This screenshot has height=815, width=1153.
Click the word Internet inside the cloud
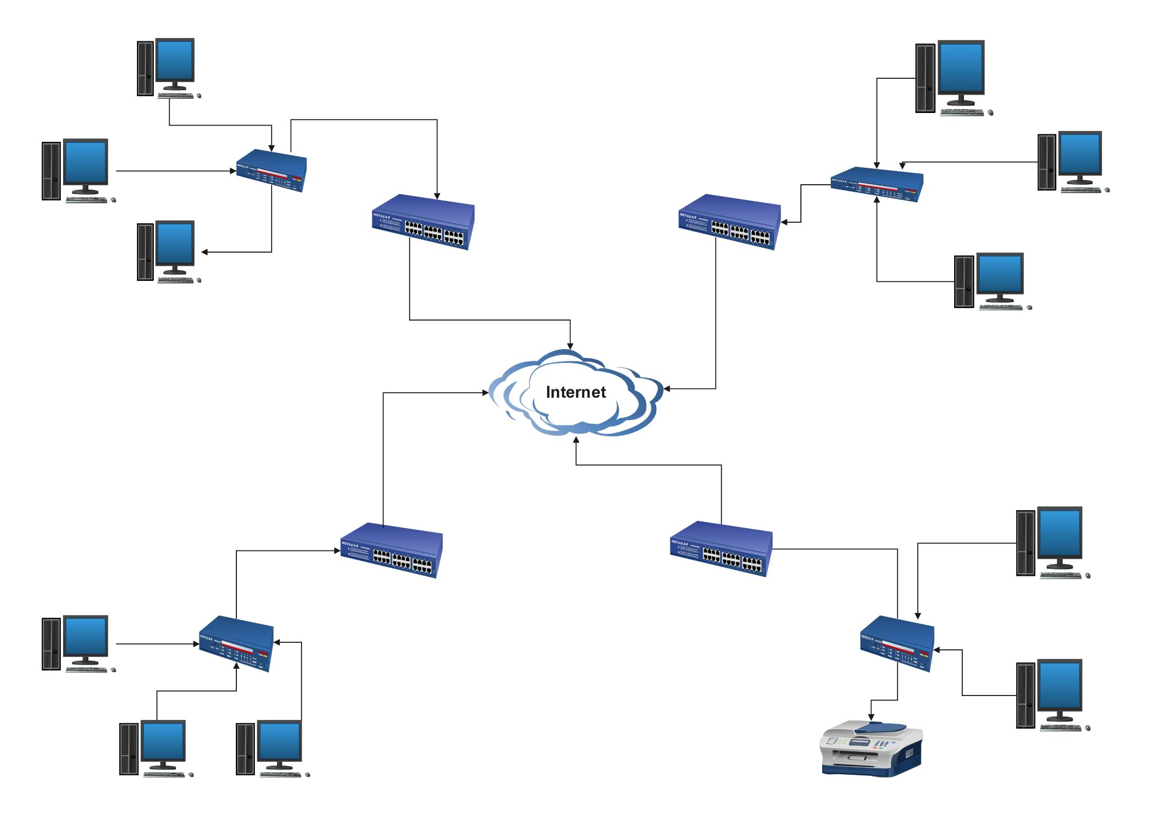[x=575, y=392]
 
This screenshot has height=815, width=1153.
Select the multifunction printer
[x=870, y=748]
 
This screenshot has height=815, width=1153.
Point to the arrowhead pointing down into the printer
[x=871, y=718]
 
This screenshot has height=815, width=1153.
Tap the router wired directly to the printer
[x=897, y=643]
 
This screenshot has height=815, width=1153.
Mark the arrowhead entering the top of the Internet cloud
[x=570, y=346]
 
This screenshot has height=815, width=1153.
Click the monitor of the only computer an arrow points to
[x=175, y=243]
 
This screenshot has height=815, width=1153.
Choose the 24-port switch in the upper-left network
[x=423, y=222]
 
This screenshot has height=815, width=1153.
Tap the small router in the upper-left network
[x=271, y=170]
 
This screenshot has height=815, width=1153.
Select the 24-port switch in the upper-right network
[x=729, y=222]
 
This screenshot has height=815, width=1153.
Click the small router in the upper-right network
[x=876, y=185]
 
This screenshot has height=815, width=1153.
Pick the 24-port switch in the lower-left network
[x=391, y=550]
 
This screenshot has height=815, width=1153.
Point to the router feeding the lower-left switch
[x=236, y=643]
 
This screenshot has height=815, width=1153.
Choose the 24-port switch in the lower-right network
[x=721, y=549]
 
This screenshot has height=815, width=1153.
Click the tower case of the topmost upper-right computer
[x=925, y=78]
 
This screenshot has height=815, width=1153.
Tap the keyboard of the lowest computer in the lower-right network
[x=1060, y=728]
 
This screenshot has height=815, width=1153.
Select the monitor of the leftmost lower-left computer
[x=86, y=636]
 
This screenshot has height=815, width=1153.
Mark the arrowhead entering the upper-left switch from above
[x=437, y=196]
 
